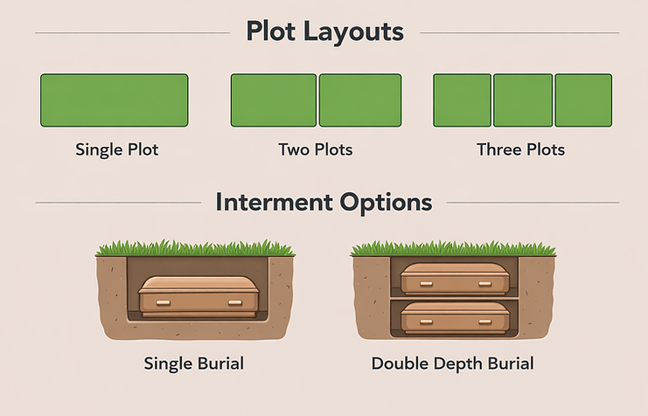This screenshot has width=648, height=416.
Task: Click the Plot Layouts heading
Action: (324, 32)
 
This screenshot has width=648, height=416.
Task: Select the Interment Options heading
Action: (324, 203)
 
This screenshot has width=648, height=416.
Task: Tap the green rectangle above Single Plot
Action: (115, 101)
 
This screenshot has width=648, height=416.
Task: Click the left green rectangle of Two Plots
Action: (274, 101)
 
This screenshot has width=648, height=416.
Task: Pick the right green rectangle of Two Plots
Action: (360, 101)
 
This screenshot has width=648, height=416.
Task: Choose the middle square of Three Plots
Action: (523, 101)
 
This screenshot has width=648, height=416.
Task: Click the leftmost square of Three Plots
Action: (463, 101)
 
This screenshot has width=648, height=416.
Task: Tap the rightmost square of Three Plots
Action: (583, 101)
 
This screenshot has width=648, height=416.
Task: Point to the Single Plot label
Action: (117, 149)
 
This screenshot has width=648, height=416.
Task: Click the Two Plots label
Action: (316, 149)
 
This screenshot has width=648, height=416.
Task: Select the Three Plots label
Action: (520, 149)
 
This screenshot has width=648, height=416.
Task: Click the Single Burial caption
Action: (194, 364)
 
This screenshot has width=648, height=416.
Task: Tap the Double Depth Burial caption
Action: (452, 364)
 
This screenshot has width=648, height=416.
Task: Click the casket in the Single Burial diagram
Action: (199, 297)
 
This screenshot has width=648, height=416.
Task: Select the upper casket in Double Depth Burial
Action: (455, 279)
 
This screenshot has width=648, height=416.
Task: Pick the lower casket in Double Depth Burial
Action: (455, 317)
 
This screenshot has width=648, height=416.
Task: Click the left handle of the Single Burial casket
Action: (164, 303)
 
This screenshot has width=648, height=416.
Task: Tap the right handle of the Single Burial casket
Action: (235, 303)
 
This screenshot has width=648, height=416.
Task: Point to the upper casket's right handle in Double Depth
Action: (484, 284)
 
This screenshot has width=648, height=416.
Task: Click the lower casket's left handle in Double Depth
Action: (426, 322)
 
